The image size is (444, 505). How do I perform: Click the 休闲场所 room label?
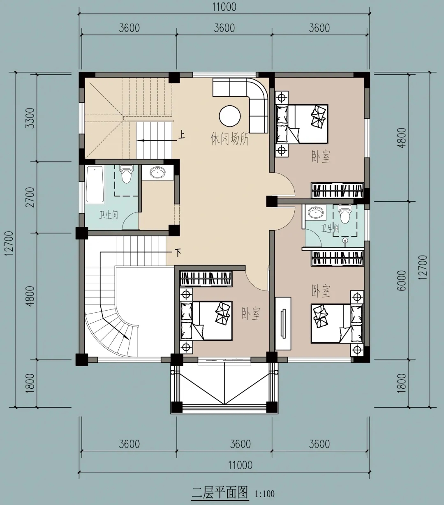click(x=230, y=139)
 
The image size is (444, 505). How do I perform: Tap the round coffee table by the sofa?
click(x=230, y=116)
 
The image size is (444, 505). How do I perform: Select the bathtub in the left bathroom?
click(x=95, y=184)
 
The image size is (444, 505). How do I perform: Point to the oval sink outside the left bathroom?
click(x=157, y=172)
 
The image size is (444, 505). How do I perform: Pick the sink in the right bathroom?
click(x=316, y=212)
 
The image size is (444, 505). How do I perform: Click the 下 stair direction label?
click(x=178, y=253)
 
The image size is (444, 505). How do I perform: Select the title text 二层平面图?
click(x=220, y=492)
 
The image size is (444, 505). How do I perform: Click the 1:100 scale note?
click(x=265, y=494)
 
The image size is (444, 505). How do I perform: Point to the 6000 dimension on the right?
click(x=402, y=280)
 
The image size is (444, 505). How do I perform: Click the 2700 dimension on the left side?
click(x=30, y=197)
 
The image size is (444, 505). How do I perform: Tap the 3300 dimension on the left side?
click(x=30, y=118)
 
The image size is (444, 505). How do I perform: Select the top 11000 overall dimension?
click(x=224, y=7)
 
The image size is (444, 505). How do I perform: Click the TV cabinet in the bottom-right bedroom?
click(x=283, y=323)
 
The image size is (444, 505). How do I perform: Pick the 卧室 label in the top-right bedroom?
click(x=321, y=157)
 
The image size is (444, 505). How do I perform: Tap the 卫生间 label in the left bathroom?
click(x=109, y=215)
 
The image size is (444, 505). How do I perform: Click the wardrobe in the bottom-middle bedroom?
click(x=206, y=279)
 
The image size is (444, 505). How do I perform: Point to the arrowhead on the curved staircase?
click(x=126, y=337)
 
